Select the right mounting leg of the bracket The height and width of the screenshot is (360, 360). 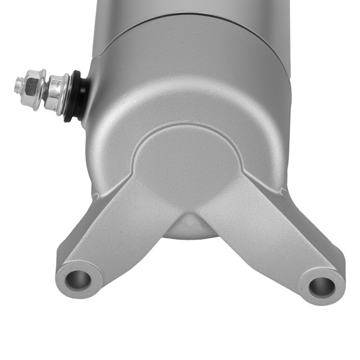pyautogui.click(x=270, y=234)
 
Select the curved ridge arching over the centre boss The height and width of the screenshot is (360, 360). pyautogui.click(x=186, y=127)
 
